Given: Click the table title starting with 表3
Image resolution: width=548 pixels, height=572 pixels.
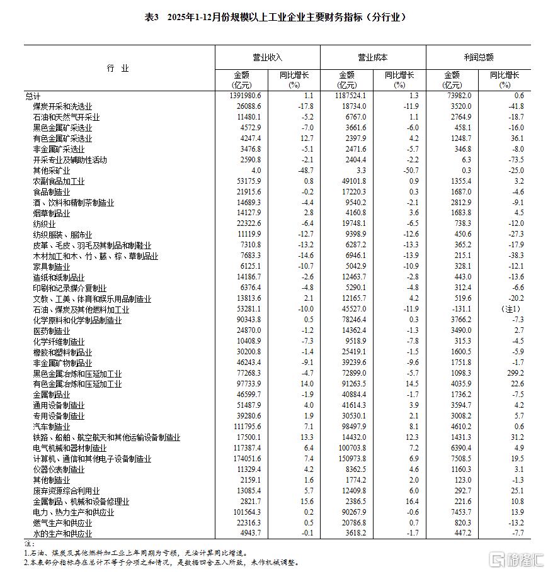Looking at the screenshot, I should [273, 17].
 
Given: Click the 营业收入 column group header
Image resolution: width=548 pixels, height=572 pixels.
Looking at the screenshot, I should [268, 57].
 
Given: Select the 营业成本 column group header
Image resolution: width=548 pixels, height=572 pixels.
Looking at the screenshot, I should [373, 57].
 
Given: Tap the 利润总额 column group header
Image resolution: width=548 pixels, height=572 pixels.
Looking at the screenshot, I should [478, 57].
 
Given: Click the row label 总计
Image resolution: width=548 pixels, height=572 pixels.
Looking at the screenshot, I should [33, 96].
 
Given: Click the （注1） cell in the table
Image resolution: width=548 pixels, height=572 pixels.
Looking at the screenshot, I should [510, 310].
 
